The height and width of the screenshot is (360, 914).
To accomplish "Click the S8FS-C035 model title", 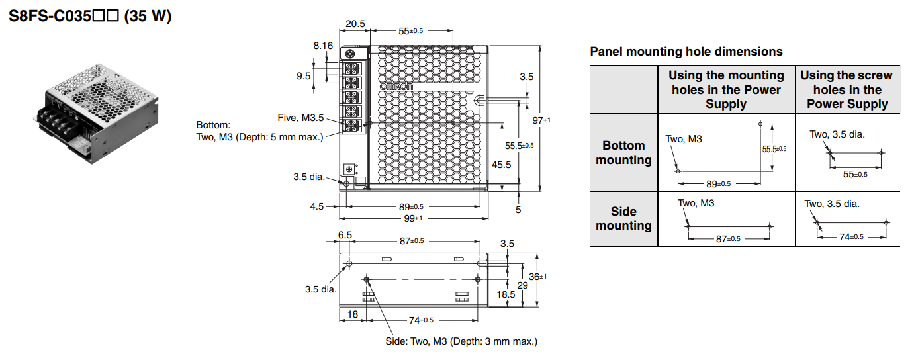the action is point(90,16).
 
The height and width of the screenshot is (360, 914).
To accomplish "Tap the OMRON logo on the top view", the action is point(396,87).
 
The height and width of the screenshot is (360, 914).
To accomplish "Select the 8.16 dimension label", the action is point(323,46).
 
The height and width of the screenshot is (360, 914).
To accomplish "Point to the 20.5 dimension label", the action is point(355,24).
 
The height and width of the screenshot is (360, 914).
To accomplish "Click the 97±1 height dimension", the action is point(541,120).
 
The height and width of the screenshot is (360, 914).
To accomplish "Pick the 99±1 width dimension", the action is point(414,218).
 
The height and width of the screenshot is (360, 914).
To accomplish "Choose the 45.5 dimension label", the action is point(501,165).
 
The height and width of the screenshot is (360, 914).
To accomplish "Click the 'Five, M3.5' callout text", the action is point(300,118).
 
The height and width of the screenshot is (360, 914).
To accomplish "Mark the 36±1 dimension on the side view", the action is point(538,277).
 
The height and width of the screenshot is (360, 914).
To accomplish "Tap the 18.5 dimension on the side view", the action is point(506,294).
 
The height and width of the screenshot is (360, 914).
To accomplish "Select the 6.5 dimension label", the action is point(345,235).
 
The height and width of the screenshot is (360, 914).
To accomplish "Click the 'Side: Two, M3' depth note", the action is point(461,341).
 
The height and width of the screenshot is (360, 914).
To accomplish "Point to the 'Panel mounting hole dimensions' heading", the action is point(686,52).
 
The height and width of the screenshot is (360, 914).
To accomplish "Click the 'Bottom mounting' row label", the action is point(623,153).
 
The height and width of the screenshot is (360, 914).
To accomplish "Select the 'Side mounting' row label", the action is point(623,218).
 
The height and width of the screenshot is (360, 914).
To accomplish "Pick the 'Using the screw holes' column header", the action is point(847,89).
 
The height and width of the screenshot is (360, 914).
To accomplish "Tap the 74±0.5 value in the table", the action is point(851,237).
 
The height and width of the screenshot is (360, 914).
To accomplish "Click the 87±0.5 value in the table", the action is point(728,239).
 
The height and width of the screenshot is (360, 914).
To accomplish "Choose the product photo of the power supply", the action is point(96,114).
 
